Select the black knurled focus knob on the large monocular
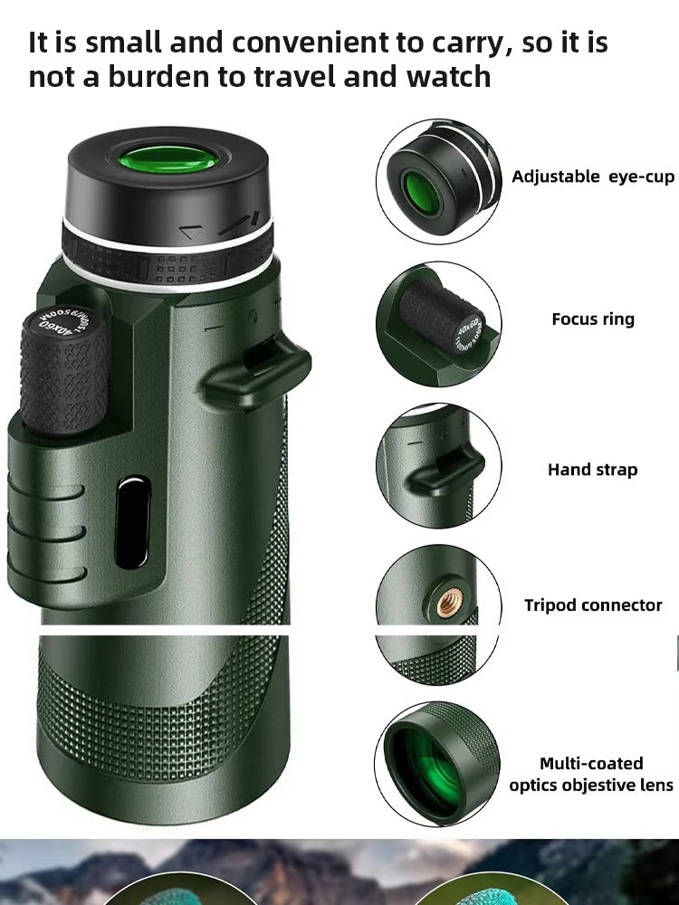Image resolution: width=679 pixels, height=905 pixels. click(x=63, y=371)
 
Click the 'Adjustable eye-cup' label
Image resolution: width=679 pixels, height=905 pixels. click(x=593, y=176)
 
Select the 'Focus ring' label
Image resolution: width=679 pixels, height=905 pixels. click(x=593, y=319)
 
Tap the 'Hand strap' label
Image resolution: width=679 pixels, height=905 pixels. click(x=592, y=470)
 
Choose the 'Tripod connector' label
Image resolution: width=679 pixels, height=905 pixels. click(x=593, y=605)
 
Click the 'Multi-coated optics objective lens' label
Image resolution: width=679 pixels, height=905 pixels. click(x=591, y=774)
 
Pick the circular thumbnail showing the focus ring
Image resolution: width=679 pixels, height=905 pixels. click(x=439, y=324)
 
